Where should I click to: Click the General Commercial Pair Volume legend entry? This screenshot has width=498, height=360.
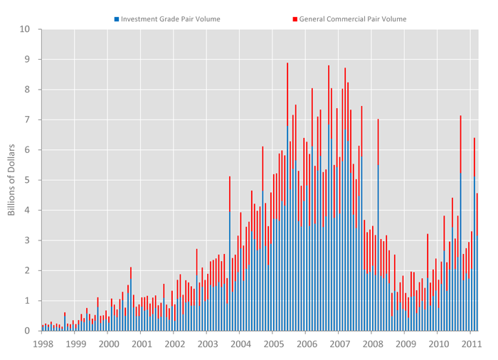353,18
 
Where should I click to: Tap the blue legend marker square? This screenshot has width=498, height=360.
117,18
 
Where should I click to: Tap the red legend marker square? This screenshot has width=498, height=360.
295,18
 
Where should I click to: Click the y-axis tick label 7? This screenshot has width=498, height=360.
28,120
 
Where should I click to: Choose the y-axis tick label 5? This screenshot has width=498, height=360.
28,181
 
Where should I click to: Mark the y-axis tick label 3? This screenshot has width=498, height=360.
28,240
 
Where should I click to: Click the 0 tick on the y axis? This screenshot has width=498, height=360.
28,331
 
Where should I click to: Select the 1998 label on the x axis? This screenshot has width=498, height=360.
42,344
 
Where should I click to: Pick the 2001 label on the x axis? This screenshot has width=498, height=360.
141,344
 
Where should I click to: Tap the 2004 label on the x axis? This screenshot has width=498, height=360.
240,344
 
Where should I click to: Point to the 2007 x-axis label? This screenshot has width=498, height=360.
339,344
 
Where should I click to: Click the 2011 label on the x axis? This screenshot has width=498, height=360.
471,344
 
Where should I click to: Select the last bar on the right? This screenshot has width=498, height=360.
477,263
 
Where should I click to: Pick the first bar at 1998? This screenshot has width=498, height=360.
42,328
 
